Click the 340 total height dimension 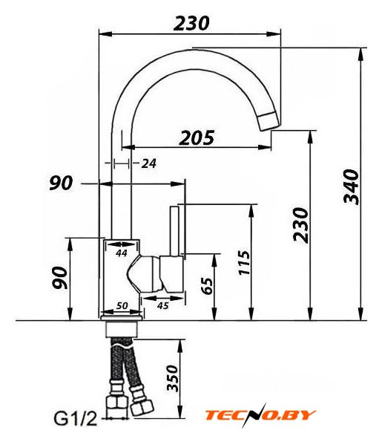pos(352,187)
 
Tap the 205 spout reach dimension pos(197,138)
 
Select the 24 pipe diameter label pos(148,163)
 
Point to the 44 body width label pos(122,253)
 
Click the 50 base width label pos(122,305)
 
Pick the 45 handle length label pos(162,305)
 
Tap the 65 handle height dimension pos(208,286)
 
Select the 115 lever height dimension pos(244,263)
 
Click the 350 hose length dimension pos(173,379)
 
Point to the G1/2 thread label pos(75,419)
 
